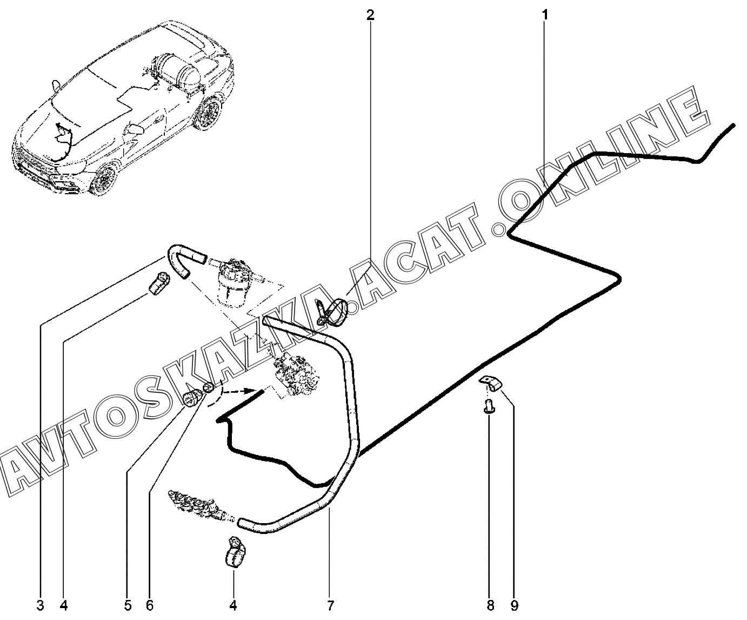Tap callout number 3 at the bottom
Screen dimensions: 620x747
pos(41,605)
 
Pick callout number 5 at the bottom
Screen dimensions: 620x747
pos(128,605)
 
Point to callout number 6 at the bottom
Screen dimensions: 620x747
pos(150,605)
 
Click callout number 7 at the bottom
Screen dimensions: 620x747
pos(330,605)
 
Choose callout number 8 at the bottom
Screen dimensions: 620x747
pos(489,605)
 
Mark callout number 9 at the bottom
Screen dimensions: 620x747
pos(514,605)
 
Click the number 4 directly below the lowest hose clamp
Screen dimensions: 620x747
pos(234,605)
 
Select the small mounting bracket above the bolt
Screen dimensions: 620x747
pos(491,383)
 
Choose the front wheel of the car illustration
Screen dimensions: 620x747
pos(104,179)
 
